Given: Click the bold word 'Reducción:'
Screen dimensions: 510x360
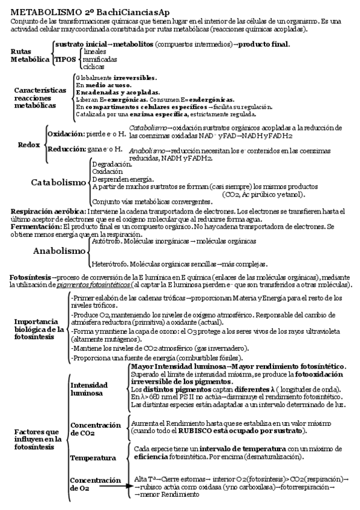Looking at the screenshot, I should tap(66, 149).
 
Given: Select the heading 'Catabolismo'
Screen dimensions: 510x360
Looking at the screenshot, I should tap(59, 182).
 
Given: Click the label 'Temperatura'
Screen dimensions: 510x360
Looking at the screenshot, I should tap(93, 458).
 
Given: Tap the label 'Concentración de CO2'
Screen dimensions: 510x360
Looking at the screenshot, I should tap(95, 428).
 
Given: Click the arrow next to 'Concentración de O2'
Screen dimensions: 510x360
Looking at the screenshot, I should tap(114, 488).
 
